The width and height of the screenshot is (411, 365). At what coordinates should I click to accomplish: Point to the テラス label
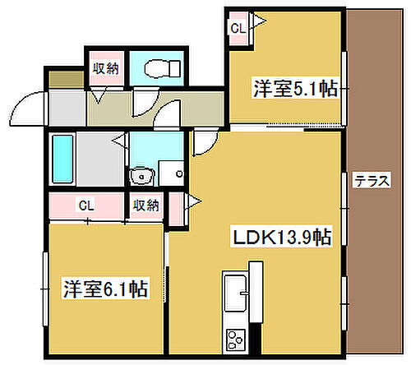pos(372,182)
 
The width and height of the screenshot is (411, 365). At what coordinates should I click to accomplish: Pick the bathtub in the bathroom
pos(63,159)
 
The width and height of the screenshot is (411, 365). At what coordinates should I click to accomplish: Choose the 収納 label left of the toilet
pos(104,69)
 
